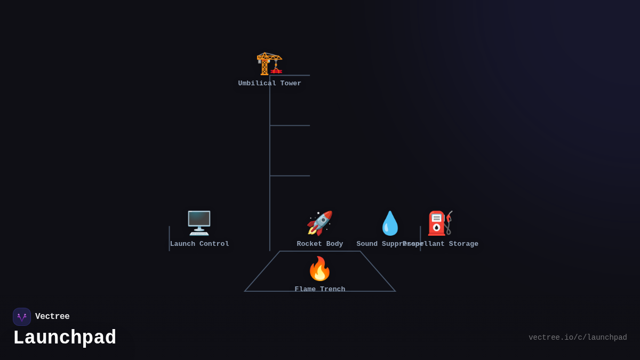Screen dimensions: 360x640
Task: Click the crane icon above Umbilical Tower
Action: (269, 63)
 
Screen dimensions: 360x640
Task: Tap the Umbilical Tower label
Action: (269, 84)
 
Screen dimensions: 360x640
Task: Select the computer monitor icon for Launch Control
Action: (199, 223)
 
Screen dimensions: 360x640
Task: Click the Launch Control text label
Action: (199, 244)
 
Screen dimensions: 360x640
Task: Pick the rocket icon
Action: (319, 223)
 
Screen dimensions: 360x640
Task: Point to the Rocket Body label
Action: (320, 244)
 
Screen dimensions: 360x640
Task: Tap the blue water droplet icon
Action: (390, 223)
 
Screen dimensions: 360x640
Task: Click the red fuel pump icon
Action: (440, 223)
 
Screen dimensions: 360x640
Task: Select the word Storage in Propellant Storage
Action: (463, 244)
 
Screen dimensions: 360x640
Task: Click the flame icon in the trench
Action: (319, 268)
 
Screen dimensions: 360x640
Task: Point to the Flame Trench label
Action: (320, 289)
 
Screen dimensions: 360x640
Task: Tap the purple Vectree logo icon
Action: (22, 317)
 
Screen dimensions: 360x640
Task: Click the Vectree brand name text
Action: (52, 317)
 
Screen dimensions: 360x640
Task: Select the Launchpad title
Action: (65, 338)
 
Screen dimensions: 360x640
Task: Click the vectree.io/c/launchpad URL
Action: (578, 338)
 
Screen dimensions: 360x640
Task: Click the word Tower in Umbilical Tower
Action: (291, 84)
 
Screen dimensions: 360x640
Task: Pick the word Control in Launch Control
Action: (214, 244)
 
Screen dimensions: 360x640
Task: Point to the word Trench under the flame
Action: (332, 289)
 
